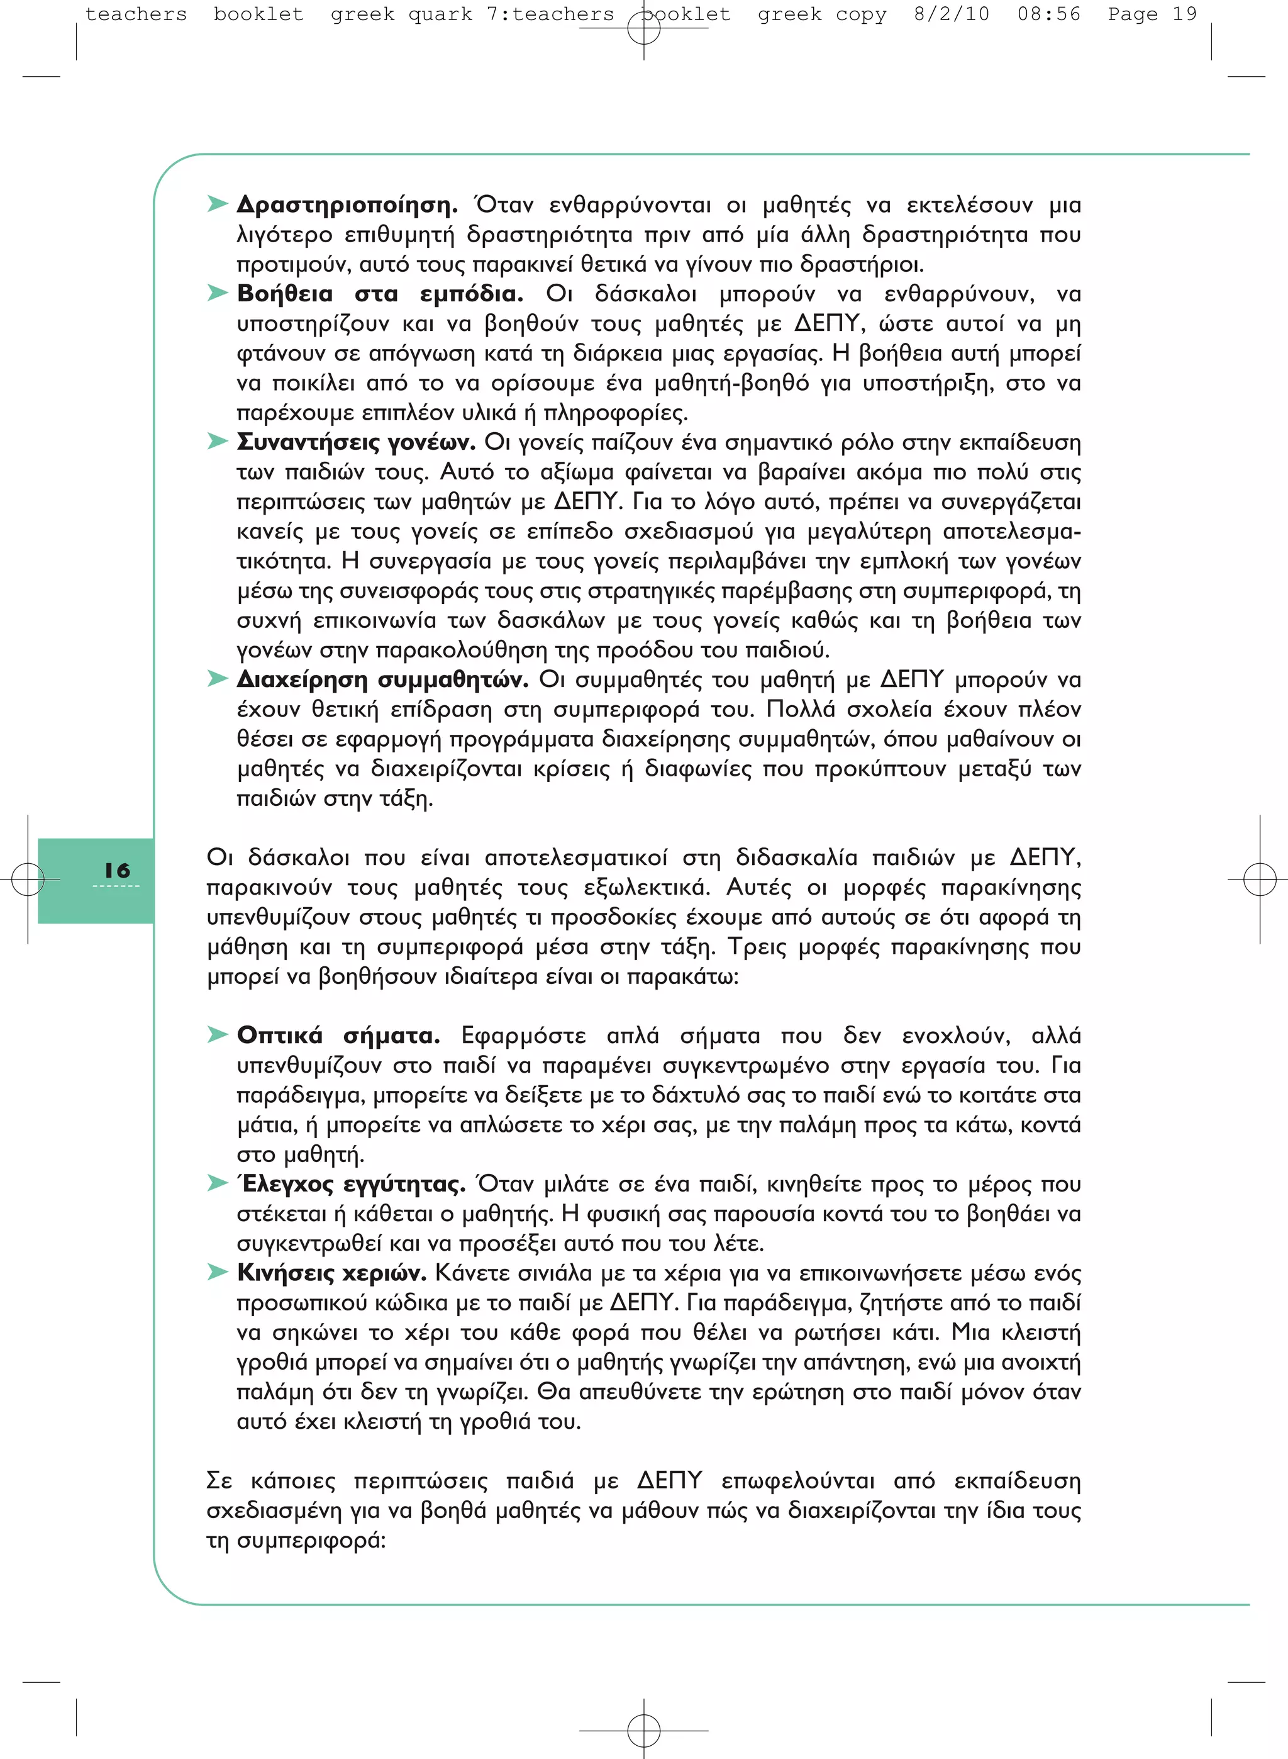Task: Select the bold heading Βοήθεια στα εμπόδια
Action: [x=380, y=294]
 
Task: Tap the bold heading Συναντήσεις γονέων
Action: [x=355, y=443]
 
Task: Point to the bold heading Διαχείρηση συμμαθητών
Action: [x=382, y=680]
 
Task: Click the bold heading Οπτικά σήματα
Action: [x=338, y=1036]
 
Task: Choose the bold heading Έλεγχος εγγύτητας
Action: [x=351, y=1185]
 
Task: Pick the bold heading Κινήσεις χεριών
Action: [x=331, y=1273]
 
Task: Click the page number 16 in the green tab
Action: [x=117, y=871]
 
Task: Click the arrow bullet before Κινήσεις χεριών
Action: [x=217, y=1273]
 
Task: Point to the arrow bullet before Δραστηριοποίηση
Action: [x=217, y=204]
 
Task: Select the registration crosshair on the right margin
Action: [x=1259, y=879]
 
